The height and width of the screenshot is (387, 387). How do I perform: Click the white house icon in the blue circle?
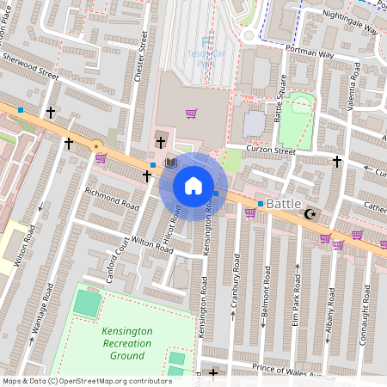tap(193, 186)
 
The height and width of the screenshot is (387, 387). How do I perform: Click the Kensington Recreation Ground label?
tap(126, 343)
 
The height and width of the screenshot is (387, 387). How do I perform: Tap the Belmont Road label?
tap(266, 280)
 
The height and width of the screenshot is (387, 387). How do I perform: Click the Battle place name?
tap(284, 203)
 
